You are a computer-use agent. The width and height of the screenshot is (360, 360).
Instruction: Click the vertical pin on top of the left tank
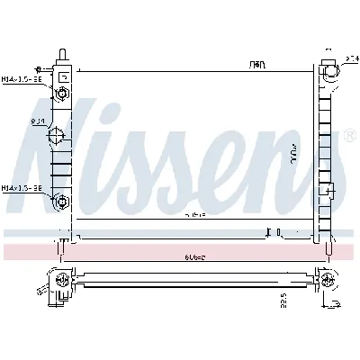click(61, 54)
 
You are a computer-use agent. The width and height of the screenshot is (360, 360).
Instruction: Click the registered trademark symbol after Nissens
click(348, 138)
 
